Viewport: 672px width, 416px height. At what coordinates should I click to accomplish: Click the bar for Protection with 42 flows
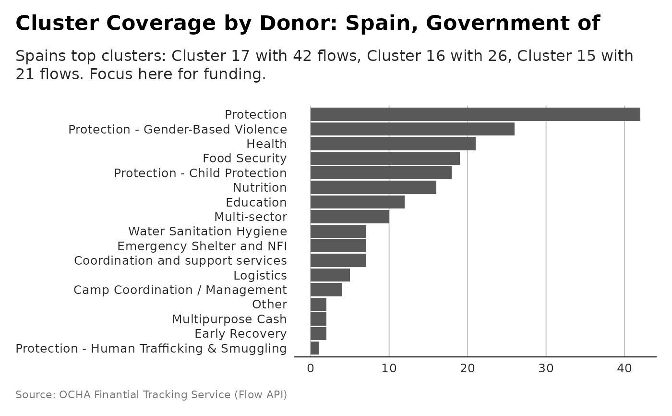(x=475, y=114)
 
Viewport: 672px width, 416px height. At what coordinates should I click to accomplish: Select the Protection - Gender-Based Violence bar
(x=412, y=129)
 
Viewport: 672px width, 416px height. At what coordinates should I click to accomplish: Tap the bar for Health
(x=393, y=144)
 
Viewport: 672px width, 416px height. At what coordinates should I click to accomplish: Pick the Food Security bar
(x=385, y=158)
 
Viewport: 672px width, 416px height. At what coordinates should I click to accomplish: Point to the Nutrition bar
(x=373, y=187)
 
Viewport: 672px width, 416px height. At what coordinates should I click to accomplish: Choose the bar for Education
(x=357, y=202)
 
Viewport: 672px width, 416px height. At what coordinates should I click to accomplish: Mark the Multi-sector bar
(x=349, y=217)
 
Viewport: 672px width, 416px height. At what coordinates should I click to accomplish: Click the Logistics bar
(x=330, y=275)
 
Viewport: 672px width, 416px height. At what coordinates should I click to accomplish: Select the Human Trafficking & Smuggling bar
(x=314, y=348)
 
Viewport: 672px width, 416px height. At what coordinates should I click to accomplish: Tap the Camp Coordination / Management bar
(x=326, y=290)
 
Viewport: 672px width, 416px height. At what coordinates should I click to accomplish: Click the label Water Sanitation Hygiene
(x=207, y=232)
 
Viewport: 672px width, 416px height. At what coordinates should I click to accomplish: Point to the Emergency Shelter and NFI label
(x=202, y=246)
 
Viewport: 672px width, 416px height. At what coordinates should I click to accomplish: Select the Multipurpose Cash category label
(x=229, y=319)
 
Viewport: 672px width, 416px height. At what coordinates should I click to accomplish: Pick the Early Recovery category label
(x=240, y=334)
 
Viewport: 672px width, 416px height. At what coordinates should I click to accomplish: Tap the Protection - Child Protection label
(x=200, y=173)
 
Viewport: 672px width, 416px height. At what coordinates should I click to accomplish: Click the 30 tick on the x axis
(x=546, y=368)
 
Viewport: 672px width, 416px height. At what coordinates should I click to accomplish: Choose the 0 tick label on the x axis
(x=311, y=368)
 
